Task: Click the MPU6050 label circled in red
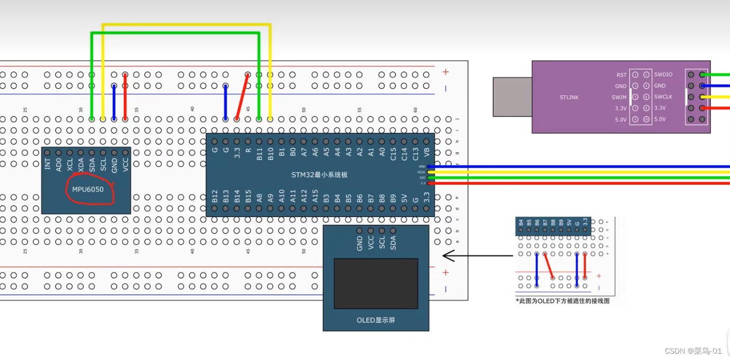(x=88, y=189)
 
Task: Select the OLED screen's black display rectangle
(x=375, y=284)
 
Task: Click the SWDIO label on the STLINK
(x=663, y=75)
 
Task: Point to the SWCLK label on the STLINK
(x=663, y=97)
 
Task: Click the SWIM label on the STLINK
(x=619, y=97)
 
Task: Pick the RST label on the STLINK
(x=621, y=75)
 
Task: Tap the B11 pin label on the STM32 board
(x=259, y=154)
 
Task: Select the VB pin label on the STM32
(x=427, y=154)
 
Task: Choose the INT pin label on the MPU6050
(x=48, y=164)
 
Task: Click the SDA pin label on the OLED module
(x=393, y=242)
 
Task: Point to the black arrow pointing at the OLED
(x=476, y=256)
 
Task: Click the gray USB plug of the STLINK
(x=512, y=97)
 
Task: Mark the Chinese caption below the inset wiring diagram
(x=563, y=301)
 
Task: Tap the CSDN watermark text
(x=693, y=351)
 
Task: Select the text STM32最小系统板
(x=319, y=175)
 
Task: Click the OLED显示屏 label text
(x=375, y=320)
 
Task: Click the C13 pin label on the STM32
(x=416, y=154)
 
